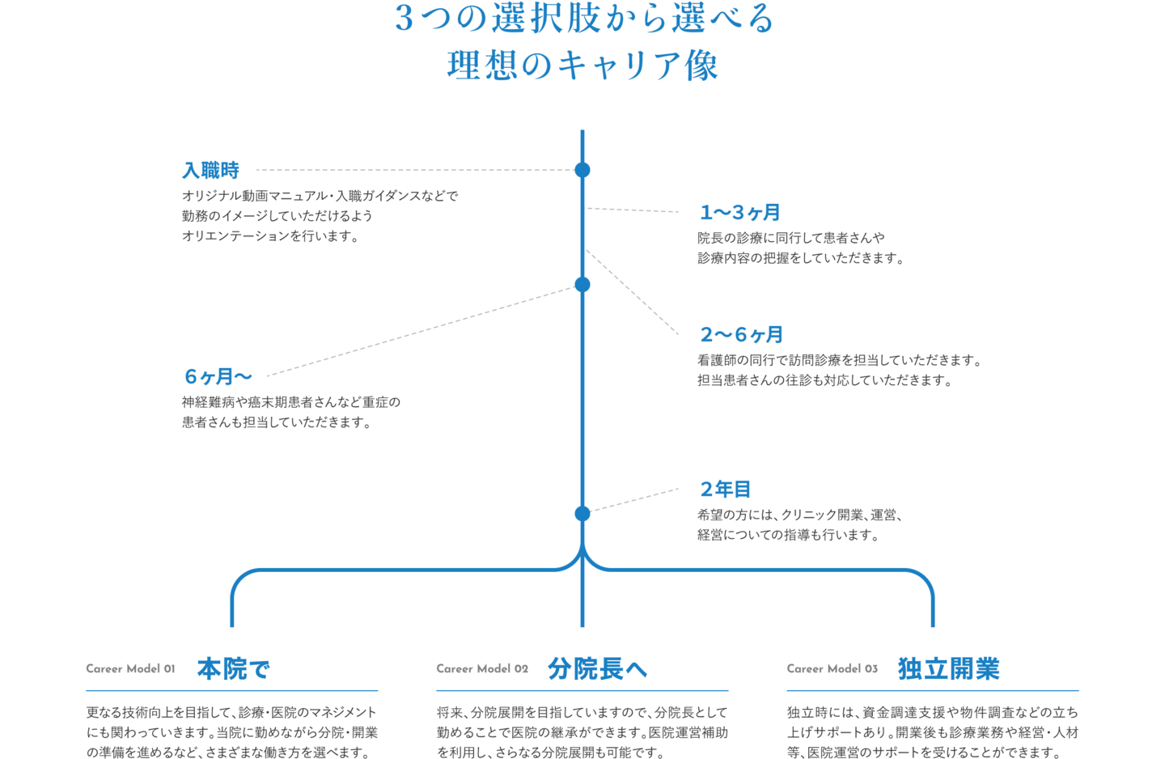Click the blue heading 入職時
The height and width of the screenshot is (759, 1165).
tap(210, 171)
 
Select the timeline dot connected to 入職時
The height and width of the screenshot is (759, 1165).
tap(582, 170)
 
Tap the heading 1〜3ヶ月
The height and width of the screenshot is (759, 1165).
tap(739, 213)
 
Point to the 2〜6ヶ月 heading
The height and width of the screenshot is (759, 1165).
tap(741, 335)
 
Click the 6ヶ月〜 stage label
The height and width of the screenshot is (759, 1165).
tap(218, 376)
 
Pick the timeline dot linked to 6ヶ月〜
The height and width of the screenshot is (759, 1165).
tap(582, 284)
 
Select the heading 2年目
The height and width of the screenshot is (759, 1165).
tap(725, 490)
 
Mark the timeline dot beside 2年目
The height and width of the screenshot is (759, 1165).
tap(582, 513)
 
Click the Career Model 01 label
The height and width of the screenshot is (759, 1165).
tap(130, 668)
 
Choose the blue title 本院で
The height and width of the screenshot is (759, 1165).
tap(233, 669)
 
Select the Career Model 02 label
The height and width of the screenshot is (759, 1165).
tap(481, 668)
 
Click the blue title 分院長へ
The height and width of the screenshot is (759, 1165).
tap(597, 669)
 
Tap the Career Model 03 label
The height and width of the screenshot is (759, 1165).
tap(832, 668)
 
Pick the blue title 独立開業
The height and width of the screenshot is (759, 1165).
tap(948, 669)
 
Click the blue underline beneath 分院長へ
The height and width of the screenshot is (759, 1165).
tap(582, 691)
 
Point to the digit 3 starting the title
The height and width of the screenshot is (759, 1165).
tap(404, 19)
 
